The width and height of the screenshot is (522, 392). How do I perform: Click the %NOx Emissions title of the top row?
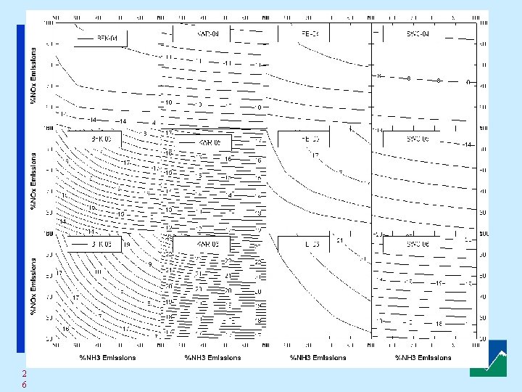pyautogui.click(x=33, y=75)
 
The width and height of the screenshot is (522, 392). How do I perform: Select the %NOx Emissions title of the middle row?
pyautogui.click(x=33, y=181)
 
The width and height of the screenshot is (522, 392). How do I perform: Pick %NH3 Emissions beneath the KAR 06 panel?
pyautogui.click(x=212, y=357)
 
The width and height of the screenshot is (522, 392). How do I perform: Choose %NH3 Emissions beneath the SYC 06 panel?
pyautogui.click(x=423, y=357)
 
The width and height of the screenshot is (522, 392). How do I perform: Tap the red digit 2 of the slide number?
pyautogui.click(x=24, y=373)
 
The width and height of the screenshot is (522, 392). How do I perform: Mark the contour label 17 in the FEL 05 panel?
pyautogui.click(x=315, y=155)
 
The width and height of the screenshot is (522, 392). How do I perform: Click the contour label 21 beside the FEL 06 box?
pyautogui.click(x=339, y=240)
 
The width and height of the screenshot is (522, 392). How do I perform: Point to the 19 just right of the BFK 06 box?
pyautogui.click(x=126, y=245)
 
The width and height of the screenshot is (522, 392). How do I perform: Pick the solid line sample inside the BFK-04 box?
pyautogui.click(x=86, y=38)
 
